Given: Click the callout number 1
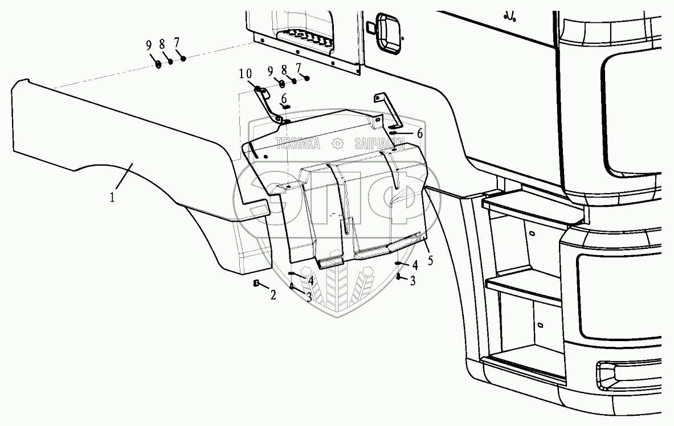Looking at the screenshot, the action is (x=113, y=198).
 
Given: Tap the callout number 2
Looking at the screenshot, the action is (x=273, y=295).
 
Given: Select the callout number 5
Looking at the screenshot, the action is (x=430, y=261).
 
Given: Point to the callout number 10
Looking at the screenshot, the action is (x=245, y=73).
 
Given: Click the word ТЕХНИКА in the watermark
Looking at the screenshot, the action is (x=298, y=144).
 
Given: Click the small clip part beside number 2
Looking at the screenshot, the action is (x=256, y=284).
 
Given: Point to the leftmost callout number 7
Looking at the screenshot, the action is (x=177, y=42).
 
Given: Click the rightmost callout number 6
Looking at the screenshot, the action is (x=420, y=133).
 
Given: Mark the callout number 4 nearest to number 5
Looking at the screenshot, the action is (x=415, y=265).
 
